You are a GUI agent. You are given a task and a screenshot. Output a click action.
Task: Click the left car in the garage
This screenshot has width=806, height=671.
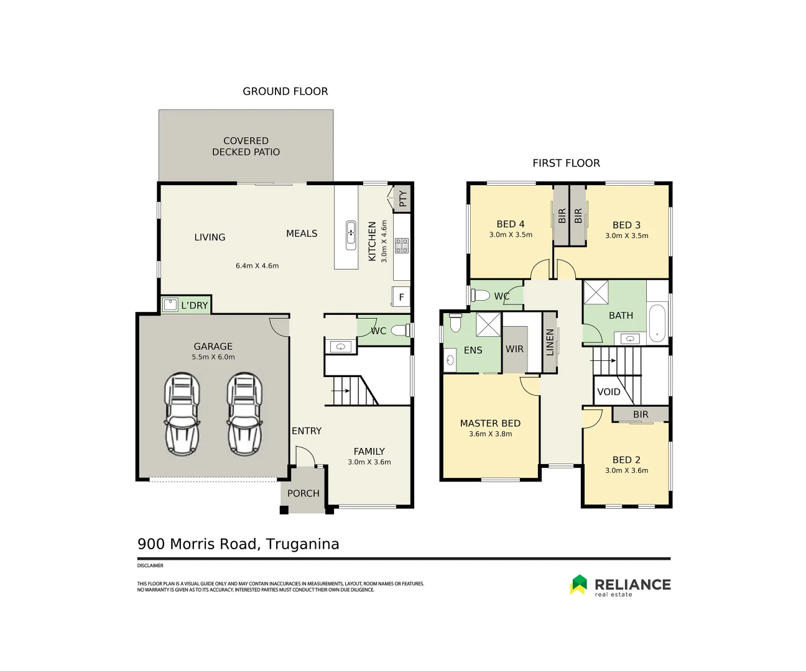[x=182, y=414]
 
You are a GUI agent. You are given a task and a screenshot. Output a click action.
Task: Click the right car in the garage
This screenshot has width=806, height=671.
[x=244, y=414]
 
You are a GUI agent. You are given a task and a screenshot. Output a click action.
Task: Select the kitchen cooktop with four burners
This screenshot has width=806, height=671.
[x=402, y=245]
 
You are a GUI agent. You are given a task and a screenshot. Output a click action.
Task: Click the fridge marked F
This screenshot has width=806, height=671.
[x=401, y=297]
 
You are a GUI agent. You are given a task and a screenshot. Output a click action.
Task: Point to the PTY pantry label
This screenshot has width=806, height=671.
[x=403, y=199]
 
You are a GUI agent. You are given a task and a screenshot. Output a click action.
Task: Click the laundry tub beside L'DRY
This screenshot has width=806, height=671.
[x=170, y=304]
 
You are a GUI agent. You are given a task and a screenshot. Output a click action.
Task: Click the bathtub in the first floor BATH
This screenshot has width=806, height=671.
[x=657, y=323]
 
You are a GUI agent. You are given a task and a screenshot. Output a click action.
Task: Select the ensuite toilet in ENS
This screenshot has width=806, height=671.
[x=455, y=323]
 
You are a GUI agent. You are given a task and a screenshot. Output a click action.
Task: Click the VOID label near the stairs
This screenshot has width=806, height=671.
[x=608, y=392]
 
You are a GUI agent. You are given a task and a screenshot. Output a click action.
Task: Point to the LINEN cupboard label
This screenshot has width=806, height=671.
[x=550, y=342]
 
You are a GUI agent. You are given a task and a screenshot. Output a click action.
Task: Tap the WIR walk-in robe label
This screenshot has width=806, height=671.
[x=514, y=349]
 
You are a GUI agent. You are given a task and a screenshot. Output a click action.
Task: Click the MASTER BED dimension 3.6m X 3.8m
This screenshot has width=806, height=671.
[x=490, y=434]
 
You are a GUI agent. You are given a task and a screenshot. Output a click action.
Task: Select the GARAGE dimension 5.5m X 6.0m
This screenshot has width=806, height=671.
[x=213, y=357]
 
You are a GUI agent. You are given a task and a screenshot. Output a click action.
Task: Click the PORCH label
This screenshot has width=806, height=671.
[x=303, y=493]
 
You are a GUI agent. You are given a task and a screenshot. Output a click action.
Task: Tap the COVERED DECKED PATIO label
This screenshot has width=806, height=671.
[x=246, y=147]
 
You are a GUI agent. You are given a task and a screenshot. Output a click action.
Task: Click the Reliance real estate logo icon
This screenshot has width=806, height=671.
[x=579, y=584]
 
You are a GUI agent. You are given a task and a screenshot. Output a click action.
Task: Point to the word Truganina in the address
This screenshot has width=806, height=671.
[x=302, y=544]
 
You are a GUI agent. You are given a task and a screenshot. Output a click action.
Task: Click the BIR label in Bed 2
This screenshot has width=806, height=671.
[x=641, y=414]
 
